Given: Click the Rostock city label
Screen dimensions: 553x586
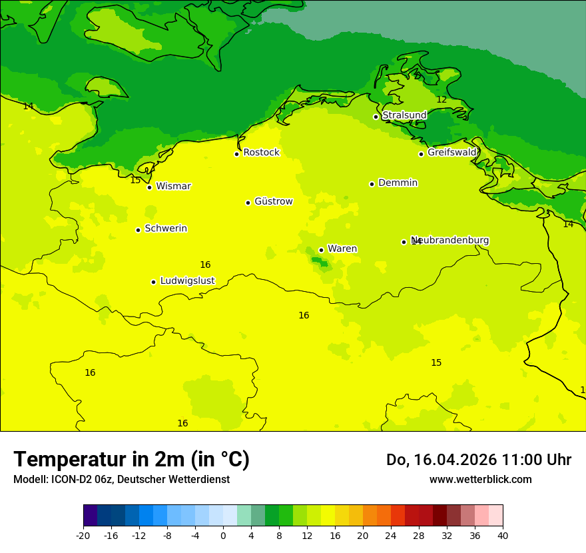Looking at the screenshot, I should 261,153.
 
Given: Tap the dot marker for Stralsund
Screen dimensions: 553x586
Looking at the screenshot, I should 376,117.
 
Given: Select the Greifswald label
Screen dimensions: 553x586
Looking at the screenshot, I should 451,153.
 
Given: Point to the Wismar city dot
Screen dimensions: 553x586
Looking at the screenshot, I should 150,187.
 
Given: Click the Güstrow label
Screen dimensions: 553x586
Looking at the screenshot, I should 273,201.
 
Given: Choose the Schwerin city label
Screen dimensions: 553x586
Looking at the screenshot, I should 166,229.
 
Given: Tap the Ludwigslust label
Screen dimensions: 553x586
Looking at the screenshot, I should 187,280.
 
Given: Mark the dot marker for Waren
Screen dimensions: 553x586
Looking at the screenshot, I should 321,250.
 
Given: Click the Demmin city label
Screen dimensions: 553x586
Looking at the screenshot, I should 398,183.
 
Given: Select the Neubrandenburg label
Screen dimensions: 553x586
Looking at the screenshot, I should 450,241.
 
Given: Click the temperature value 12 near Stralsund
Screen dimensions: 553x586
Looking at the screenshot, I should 441,99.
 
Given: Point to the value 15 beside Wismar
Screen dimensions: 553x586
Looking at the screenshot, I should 135,180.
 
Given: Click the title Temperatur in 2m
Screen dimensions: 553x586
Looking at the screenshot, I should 131,459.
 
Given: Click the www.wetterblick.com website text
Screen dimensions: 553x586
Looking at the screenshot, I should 480,479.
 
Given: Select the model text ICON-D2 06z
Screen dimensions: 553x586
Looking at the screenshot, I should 84,479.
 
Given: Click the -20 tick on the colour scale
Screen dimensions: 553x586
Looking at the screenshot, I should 83,535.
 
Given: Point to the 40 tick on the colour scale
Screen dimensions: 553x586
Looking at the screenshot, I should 502,535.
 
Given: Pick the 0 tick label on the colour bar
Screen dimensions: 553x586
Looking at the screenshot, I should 223,535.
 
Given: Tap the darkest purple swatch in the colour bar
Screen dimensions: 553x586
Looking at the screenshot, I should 90,515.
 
